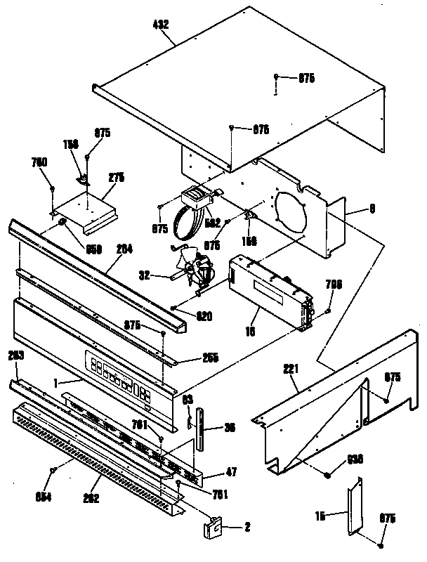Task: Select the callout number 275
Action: (x=116, y=179)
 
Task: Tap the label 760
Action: (x=39, y=162)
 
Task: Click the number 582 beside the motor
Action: (x=212, y=223)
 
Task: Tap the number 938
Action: (x=355, y=461)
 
